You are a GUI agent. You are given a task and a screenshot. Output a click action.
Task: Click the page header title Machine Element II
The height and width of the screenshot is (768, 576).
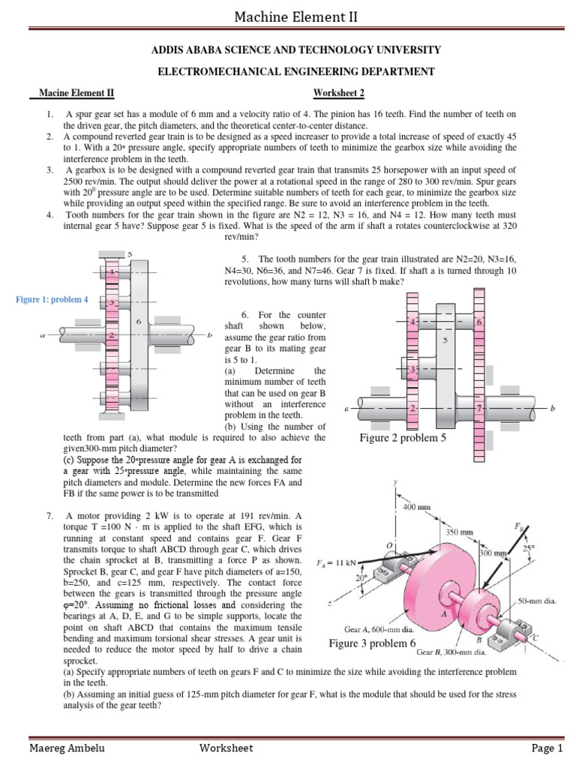[288, 16]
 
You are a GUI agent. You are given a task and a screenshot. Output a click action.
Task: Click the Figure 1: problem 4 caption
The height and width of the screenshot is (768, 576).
[52, 300]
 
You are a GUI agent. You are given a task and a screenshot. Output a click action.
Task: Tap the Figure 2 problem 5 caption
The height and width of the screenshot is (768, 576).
[403, 438]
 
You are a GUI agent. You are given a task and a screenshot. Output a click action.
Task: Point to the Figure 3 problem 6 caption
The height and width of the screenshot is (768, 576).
[372, 643]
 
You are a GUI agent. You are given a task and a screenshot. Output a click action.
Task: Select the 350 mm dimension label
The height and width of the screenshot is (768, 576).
[460, 531]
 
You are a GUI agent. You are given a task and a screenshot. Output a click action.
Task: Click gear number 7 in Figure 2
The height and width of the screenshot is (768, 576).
[479, 409]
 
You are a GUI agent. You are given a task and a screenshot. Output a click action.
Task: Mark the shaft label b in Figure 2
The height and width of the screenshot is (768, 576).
[552, 409]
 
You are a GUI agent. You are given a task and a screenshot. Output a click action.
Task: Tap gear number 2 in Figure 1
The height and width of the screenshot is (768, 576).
[111, 336]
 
